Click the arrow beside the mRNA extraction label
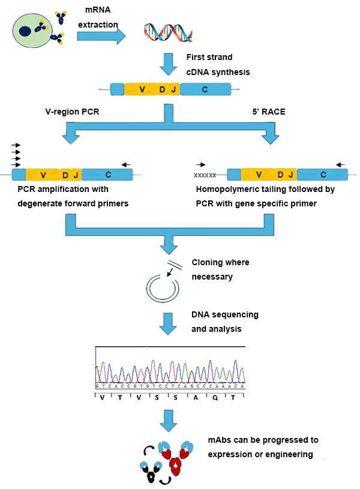101,36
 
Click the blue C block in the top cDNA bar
205,89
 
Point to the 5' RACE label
268,112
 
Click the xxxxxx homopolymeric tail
205,175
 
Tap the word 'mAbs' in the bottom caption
220,440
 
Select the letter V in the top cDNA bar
142,89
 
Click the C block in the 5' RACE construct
323,175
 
